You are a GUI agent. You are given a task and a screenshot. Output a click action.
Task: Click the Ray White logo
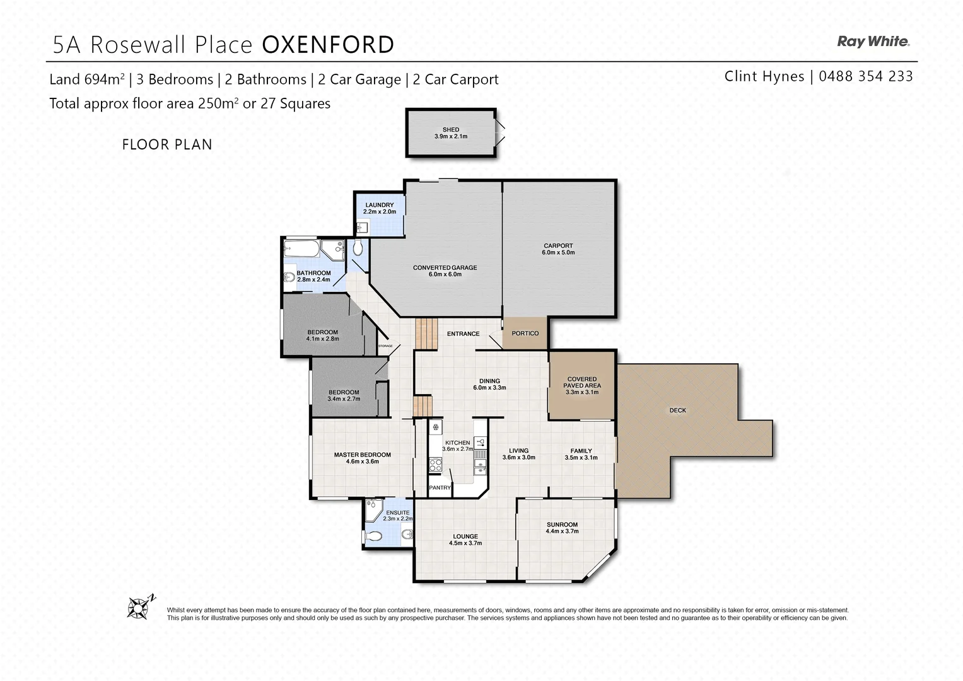tap(873, 42)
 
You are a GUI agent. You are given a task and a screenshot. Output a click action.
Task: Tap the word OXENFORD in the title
tap(327, 45)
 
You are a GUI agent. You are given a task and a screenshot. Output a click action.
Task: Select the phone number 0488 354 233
tap(865, 76)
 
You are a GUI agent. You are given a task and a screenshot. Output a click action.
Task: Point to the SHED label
tap(450, 130)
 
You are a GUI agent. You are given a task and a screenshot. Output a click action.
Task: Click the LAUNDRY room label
tap(379, 205)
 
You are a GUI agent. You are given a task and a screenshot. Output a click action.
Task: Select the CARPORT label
tap(558, 246)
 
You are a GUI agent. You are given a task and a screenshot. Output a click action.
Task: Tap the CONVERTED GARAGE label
tap(445, 268)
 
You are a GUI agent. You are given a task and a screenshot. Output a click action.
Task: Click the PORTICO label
tap(525, 334)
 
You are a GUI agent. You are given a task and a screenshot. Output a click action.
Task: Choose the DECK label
tap(677, 410)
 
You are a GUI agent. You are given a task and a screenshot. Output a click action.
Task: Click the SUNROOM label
tap(562, 525)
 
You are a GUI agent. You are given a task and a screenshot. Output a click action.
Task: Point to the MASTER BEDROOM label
tap(362, 455)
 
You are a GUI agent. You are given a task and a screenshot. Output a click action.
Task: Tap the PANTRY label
tap(440, 487)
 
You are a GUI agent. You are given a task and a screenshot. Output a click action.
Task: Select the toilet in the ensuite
tap(373, 537)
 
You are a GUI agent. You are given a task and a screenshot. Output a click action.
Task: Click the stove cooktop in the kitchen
tap(435, 465)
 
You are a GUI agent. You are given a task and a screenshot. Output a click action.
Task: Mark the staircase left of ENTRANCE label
tap(426, 334)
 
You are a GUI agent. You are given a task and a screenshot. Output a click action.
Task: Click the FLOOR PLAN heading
tap(166, 144)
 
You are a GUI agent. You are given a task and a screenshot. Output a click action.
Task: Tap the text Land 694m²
tap(87, 79)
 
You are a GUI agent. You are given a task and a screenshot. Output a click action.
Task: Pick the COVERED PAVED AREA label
tap(581, 382)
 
